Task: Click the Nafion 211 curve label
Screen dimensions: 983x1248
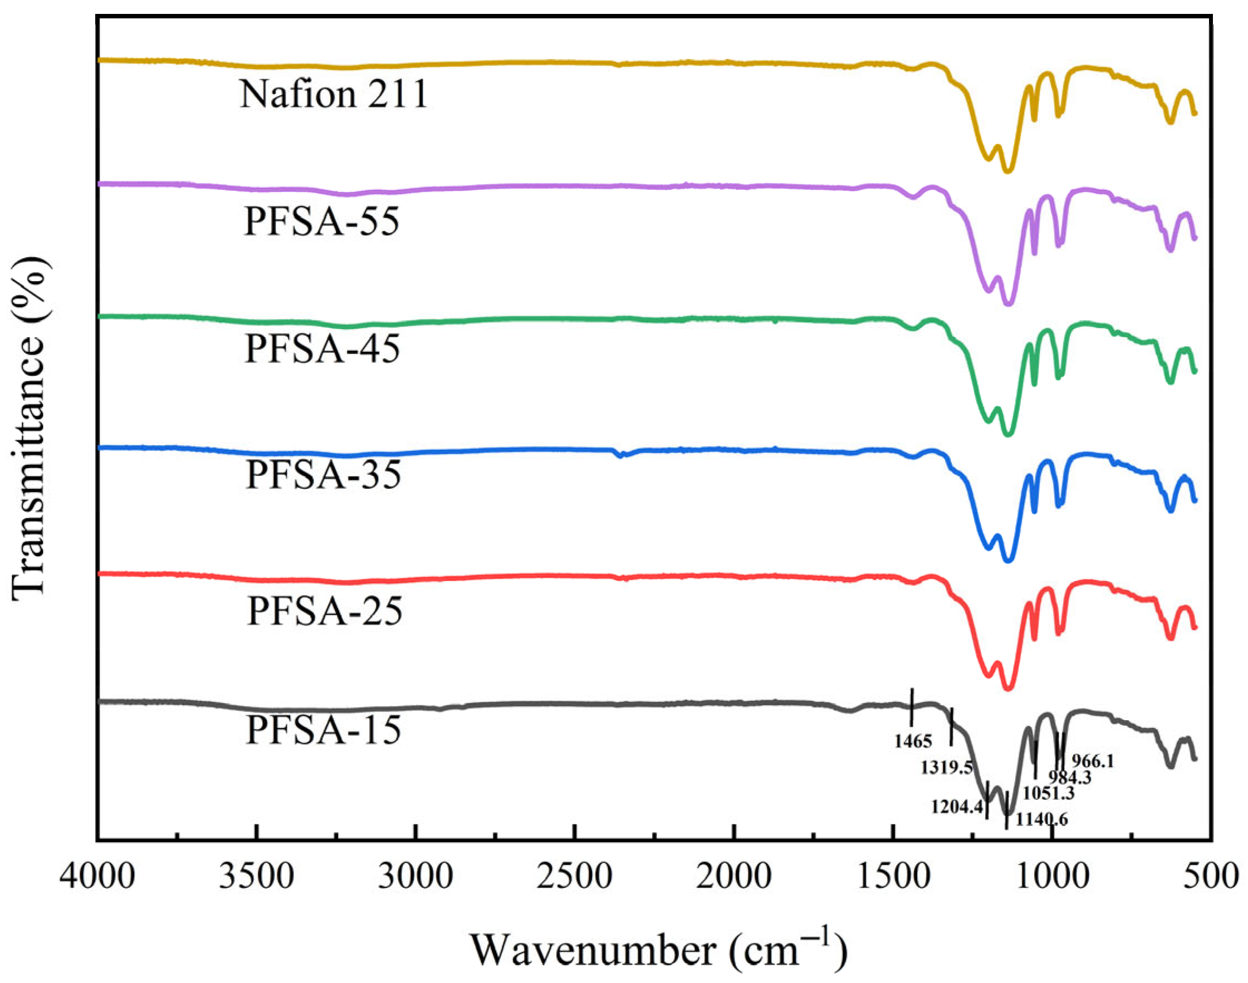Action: (x=334, y=94)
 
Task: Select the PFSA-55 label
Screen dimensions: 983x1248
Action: (x=322, y=222)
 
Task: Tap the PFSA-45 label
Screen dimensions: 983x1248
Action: (x=322, y=349)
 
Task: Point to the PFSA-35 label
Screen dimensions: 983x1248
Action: (x=323, y=475)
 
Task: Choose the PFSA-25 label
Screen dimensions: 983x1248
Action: (x=325, y=611)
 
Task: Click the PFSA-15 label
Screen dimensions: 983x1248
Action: (x=324, y=730)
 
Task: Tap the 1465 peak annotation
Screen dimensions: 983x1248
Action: (x=913, y=741)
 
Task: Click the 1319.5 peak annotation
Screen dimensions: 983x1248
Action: (x=947, y=767)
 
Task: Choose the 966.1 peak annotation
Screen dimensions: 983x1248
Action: (x=1093, y=761)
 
